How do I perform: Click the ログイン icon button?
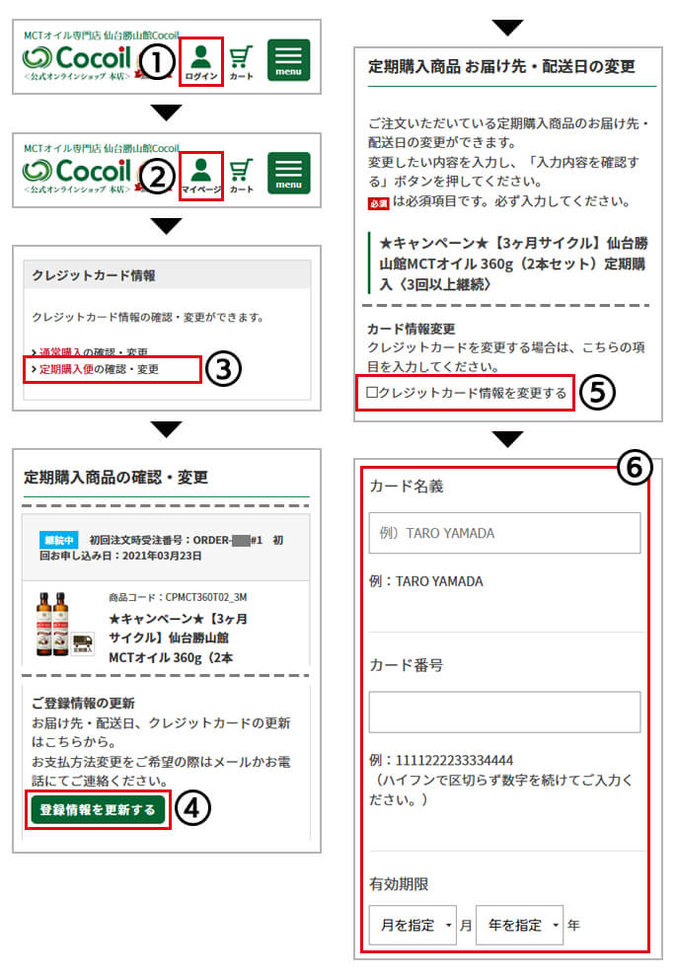tap(201, 61)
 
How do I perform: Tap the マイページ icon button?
tap(201, 175)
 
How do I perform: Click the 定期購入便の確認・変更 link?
tap(99, 370)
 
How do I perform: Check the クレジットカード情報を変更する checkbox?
tap(373, 393)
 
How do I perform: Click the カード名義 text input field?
tap(504, 533)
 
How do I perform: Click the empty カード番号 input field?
tap(504, 712)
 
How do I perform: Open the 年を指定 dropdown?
tap(519, 925)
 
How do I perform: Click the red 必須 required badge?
tap(379, 202)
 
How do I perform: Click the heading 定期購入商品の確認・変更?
tap(116, 478)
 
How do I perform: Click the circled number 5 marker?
tap(597, 392)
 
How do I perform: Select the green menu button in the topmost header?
tap(288, 60)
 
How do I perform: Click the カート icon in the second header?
tap(242, 175)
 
